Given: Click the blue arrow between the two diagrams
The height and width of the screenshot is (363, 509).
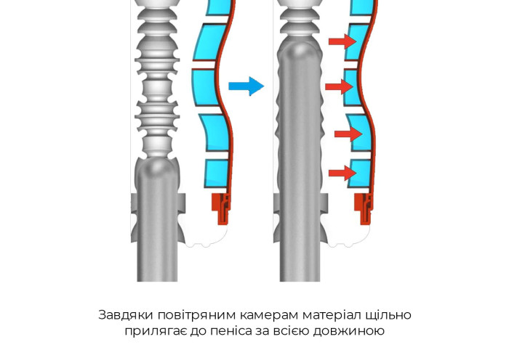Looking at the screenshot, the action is coord(246,86).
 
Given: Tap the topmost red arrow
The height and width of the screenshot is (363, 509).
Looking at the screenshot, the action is coord(342,41).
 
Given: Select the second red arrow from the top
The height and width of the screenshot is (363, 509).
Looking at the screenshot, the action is coord(340,86).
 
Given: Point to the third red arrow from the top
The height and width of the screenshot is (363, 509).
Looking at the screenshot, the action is coord(348,134).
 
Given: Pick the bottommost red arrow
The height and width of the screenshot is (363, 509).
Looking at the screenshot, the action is coord(342,173).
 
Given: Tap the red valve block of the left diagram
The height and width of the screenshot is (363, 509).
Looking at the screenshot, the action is coord(221,208).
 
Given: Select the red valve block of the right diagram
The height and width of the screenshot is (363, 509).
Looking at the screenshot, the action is coord(364,208).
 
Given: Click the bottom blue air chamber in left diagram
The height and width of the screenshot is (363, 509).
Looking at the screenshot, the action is coord(216,174).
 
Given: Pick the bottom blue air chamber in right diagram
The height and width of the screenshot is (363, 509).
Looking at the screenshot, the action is coord(359,174).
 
